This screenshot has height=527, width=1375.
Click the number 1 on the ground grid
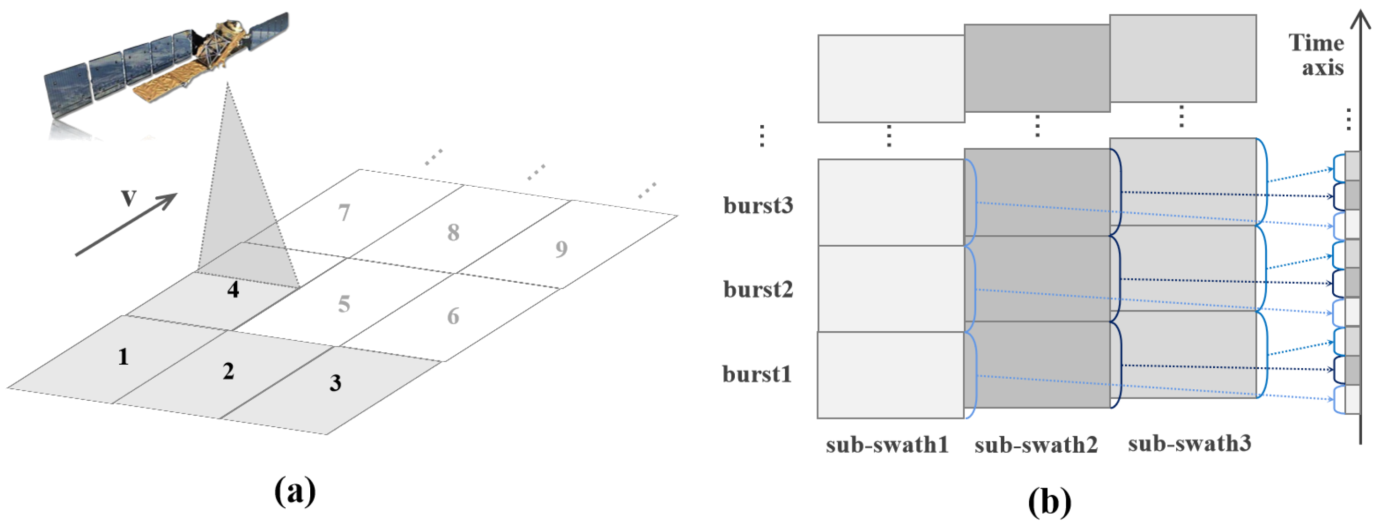click(x=123, y=356)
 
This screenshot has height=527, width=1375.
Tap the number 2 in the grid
click(x=229, y=371)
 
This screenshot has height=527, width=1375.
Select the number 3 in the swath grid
click(x=335, y=383)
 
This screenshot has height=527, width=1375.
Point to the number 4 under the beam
click(x=233, y=289)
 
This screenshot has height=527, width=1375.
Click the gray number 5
click(x=344, y=304)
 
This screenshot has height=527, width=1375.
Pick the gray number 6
click(x=453, y=316)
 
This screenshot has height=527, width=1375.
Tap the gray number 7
click(x=344, y=213)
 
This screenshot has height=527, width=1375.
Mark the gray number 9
click(x=561, y=249)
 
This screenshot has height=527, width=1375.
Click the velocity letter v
click(x=129, y=197)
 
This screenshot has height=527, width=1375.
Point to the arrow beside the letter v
click(x=126, y=225)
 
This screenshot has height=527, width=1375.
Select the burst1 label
click(x=757, y=374)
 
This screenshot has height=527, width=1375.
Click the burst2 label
click(x=758, y=289)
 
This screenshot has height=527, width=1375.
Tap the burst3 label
click(x=758, y=205)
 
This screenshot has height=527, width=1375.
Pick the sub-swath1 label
click(x=887, y=445)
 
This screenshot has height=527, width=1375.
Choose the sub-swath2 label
click(x=1036, y=445)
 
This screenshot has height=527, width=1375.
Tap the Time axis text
click(x=1317, y=55)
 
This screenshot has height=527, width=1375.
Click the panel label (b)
click(x=1049, y=502)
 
